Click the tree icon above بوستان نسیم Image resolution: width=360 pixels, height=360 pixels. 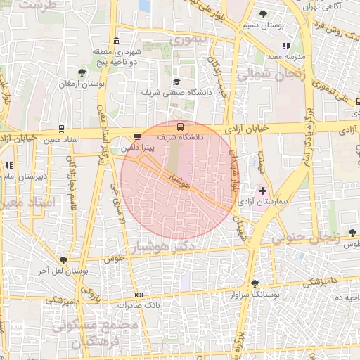pyautogui.click(x=263, y=14)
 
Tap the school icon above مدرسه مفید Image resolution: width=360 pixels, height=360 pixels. pyautogui.click(x=285, y=46)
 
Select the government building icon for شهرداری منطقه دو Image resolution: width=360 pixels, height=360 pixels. pyautogui.click(x=116, y=41)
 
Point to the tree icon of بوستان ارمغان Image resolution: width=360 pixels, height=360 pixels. pyautogui.click(x=82, y=72)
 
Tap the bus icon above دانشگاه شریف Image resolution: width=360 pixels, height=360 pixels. pyautogui.click(x=181, y=127)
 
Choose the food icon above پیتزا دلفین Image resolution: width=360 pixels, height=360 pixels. pyautogui.click(x=136, y=138)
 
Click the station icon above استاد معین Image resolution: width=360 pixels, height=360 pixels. pyautogui.click(x=63, y=129)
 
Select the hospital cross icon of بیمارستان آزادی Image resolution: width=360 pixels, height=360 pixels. pyautogui.click(x=262, y=191)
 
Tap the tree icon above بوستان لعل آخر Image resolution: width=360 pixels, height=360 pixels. pyautogui.click(x=63, y=260)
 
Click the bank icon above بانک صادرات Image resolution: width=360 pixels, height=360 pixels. pyautogui.click(x=139, y=295)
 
